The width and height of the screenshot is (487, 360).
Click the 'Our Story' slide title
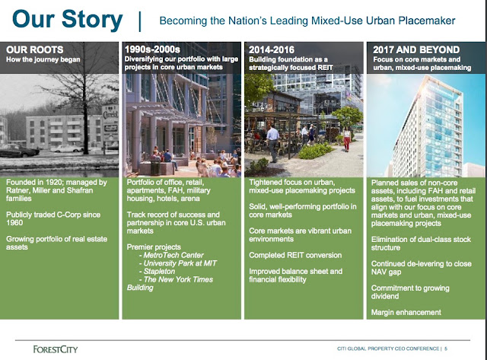click(68, 20)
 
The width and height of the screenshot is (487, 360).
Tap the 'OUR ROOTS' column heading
click(35, 49)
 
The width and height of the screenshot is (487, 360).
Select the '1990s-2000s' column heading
click(152, 49)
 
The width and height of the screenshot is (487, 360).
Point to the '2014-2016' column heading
click(272, 49)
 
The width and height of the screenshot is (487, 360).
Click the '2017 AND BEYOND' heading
click(416, 49)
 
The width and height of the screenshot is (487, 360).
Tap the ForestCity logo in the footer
click(56, 349)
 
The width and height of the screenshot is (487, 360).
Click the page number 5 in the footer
click(446, 349)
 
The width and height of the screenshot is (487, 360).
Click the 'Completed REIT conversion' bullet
click(295, 255)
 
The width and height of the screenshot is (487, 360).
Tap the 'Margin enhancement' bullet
click(406, 312)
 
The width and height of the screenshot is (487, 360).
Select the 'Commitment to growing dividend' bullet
click(410, 292)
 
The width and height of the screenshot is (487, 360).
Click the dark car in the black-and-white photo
click(18, 151)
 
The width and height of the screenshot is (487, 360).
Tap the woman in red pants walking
click(347, 139)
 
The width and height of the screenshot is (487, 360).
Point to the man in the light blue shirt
click(272, 143)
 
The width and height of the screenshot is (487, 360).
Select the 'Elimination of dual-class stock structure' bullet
click(421, 244)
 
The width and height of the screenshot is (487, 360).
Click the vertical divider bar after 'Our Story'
click(140, 22)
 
